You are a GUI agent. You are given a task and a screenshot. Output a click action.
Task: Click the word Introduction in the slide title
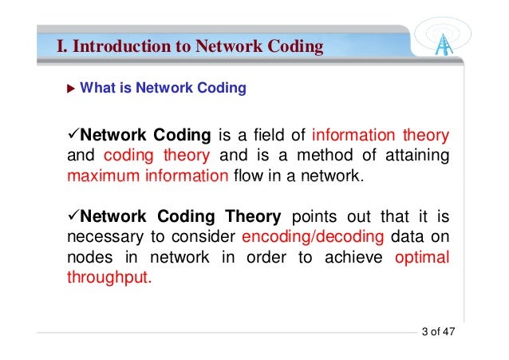click(122, 47)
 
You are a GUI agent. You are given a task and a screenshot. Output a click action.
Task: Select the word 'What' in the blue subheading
click(97, 89)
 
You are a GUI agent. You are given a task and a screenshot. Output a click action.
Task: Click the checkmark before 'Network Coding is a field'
click(72, 134)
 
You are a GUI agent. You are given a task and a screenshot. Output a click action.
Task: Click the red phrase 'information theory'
click(381, 135)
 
